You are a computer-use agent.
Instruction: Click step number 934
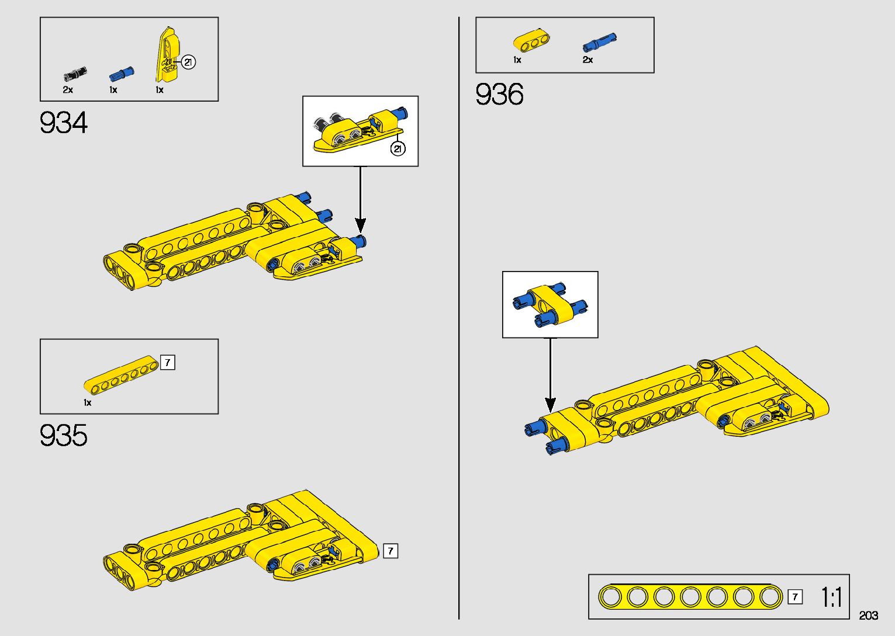point(64,123)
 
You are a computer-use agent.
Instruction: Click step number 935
point(64,436)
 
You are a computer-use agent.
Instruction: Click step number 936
point(499,95)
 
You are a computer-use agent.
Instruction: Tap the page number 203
point(868,616)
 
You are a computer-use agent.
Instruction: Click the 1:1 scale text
point(831,597)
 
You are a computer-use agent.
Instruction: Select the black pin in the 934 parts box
point(75,74)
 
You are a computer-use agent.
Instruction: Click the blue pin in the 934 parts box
point(122,74)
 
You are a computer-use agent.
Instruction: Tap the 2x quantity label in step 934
point(68,90)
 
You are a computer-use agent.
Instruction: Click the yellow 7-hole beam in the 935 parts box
point(121,374)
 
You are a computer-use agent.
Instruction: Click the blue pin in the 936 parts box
point(599,43)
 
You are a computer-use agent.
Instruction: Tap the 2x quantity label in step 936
point(588,60)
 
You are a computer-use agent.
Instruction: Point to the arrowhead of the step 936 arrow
point(550,404)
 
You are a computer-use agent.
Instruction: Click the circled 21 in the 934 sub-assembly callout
point(398,149)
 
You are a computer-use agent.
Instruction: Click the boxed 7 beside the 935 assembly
point(391,551)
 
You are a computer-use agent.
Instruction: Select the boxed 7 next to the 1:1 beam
point(795,597)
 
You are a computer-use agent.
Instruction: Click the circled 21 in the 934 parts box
point(188,62)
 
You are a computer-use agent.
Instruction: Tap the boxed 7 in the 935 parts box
point(168,363)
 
